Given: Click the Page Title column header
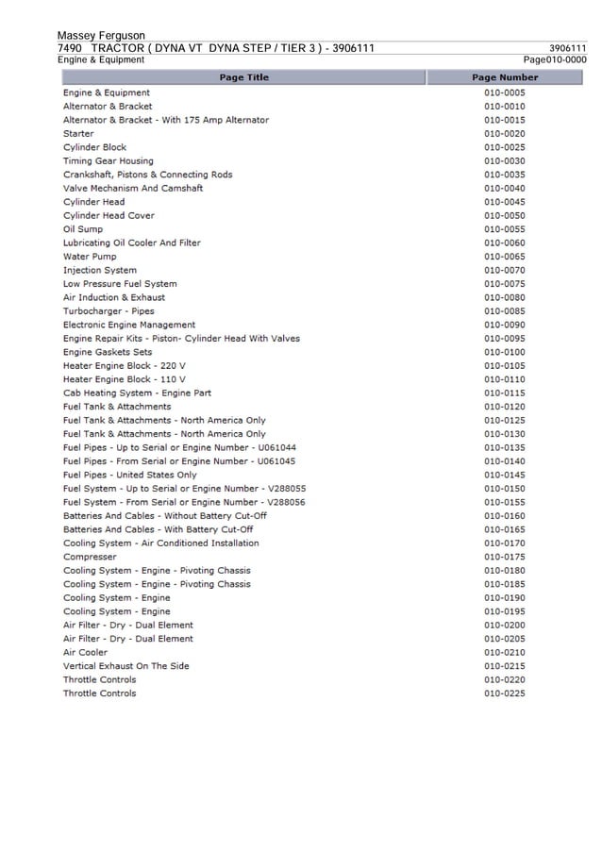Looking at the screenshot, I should tap(243, 77).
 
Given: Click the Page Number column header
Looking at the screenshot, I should tap(505, 77).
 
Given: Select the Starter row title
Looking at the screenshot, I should tap(78, 134).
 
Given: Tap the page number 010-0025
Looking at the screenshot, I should tap(505, 147).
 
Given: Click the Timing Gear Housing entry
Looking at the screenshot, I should tap(108, 161).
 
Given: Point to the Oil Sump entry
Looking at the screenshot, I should tap(83, 229).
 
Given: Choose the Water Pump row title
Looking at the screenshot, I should tap(90, 257).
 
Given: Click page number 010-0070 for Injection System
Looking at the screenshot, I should tap(505, 271).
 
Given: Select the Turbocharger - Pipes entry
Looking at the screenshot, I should tap(109, 311).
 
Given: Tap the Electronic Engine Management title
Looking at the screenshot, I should tap(129, 325).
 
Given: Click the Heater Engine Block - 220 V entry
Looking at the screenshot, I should tap(125, 366).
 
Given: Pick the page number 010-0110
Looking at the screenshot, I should tap(505, 379).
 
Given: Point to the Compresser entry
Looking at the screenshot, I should tap(90, 557).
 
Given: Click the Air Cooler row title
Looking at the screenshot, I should tap(85, 653).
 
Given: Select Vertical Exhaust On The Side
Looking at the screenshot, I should tap(125, 666).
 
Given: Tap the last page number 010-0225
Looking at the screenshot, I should tap(505, 693).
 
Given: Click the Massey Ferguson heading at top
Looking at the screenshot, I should tap(101, 36).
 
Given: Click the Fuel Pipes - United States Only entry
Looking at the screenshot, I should tap(130, 476).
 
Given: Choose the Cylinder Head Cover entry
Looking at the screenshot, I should tap(109, 216).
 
